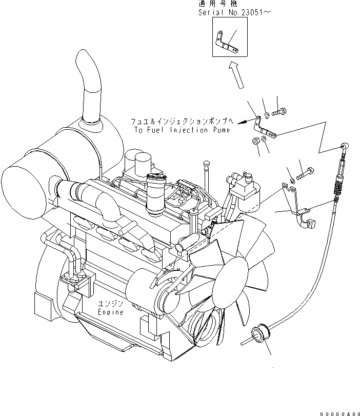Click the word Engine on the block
(111, 312)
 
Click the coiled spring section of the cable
(339, 191)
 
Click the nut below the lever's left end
(255, 141)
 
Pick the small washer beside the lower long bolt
(291, 180)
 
